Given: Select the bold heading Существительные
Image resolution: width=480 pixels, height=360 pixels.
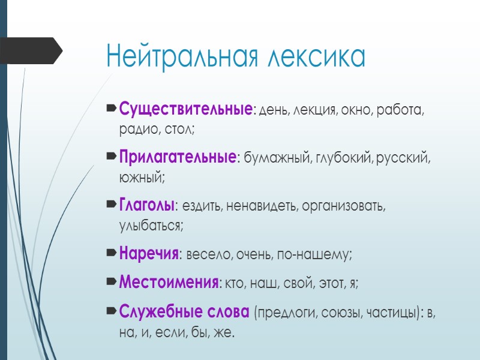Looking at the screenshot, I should coord(185,110).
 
